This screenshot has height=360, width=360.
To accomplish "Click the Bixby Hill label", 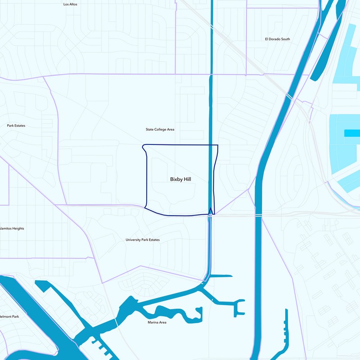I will [x=180, y=179].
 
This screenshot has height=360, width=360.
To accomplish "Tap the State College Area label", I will [x=160, y=130].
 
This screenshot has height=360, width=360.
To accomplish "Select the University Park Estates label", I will [x=142, y=240].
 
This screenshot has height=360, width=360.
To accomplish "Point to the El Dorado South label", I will [x=277, y=39].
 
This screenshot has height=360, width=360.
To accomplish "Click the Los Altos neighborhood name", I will [x=70, y=4].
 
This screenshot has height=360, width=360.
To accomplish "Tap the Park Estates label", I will [x=16, y=126].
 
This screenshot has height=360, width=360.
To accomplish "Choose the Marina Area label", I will [x=157, y=322].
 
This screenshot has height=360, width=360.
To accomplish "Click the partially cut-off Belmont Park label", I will [x=9, y=317].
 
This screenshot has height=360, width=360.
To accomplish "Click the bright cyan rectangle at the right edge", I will [x=352, y=133].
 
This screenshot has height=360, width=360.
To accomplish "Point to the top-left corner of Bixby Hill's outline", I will [x=143, y=146].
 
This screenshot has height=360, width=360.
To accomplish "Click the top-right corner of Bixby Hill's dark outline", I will [x=218, y=145].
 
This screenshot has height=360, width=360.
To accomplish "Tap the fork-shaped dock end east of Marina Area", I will [x=238, y=307].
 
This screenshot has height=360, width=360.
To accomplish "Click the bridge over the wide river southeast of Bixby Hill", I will [x=259, y=216].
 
